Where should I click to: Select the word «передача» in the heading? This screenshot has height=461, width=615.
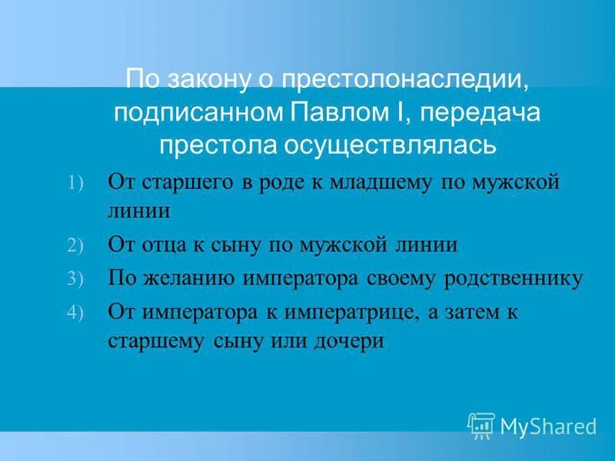point(477,113)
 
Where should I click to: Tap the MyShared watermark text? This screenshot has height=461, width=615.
point(548,426)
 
